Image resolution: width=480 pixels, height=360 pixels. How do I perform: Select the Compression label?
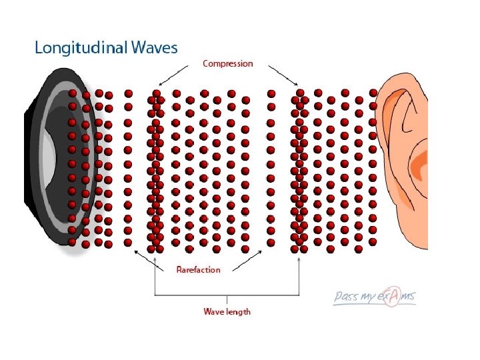[x=228, y=64]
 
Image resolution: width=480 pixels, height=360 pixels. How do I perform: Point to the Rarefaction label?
[x=198, y=269]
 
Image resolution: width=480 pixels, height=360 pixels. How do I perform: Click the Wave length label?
[x=227, y=311]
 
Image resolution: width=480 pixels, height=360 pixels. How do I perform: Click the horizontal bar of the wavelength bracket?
[x=227, y=295]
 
